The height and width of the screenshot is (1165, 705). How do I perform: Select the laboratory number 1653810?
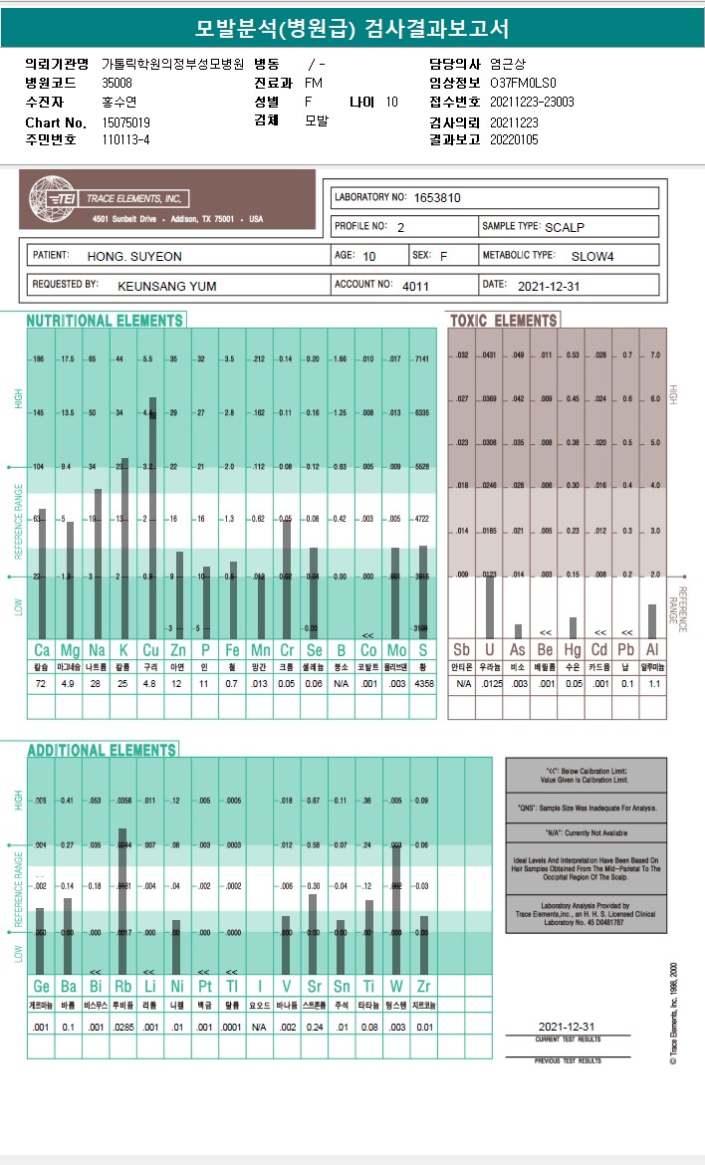tap(437, 198)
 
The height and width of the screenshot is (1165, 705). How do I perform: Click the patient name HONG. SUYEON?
tap(134, 256)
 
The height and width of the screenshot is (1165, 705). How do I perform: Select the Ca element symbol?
tap(41, 649)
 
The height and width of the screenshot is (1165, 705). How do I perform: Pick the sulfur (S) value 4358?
tap(423, 684)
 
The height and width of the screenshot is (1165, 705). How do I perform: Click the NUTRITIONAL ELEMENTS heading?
tap(105, 321)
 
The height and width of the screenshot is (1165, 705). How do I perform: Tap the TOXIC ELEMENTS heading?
tap(504, 321)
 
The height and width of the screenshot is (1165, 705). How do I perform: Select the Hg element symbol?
tap(573, 649)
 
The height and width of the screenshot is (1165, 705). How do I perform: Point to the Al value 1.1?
tap(654, 684)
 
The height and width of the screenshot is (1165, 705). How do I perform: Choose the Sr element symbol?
tap(313, 986)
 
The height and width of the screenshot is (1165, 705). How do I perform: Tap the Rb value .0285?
tap(122, 1027)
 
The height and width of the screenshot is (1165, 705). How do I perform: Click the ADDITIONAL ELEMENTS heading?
tap(102, 750)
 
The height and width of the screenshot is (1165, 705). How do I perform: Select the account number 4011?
tap(415, 285)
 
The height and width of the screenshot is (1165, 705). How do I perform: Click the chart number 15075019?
tap(126, 121)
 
